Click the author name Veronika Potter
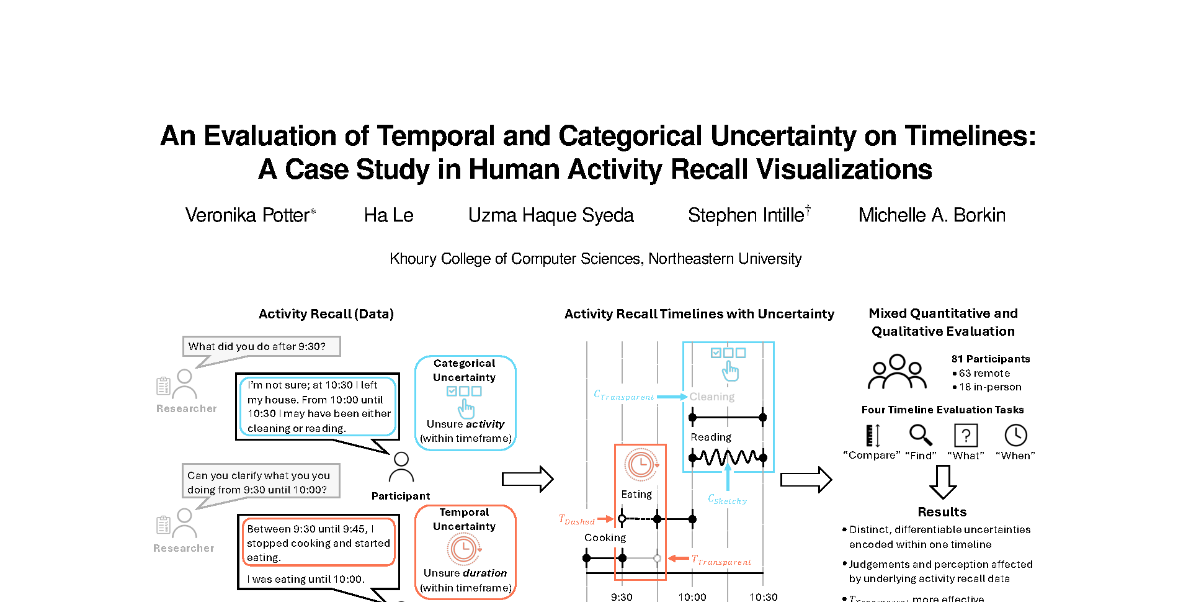pyautogui.click(x=250, y=215)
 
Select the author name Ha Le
pyautogui.click(x=388, y=215)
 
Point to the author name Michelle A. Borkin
pyautogui.click(x=932, y=215)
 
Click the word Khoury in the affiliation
pyautogui.click(x=413, y=259)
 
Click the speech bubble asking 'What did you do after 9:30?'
pyautogui.click(x=261, y=346)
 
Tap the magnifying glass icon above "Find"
pyautogui.click(x=921, y=435)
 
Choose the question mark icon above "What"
pyautogui.click(x=966, y=435)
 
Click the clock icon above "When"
pyautogui.click(x=1015, y=435)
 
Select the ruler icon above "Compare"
pyautogui.click(x=873, y=435)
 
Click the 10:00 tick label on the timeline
pyautogui.click(x=692, y=596)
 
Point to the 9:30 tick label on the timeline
pyautogui.click(x=622, y=596)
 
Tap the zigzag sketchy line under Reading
pyautogui.click(x=728, y=458)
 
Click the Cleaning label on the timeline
pyautogui.click(x=712, y=397)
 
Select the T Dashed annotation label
pyautogui.click(x=577, y=520)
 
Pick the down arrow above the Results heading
pyautogui.click(x=943, y=482)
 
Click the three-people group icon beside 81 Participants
pyautogui.click(x=897, y=372)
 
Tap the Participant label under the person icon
pyautogui.click(x=401, y=496)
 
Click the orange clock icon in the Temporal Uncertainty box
pyautogui.click(x=463, y=549)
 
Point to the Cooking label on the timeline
pyautogui.click(x=605, y=537)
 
